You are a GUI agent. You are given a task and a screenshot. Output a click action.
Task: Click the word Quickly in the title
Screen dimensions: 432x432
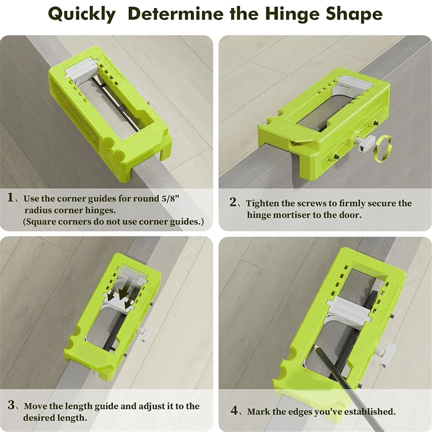(x=82, y=14)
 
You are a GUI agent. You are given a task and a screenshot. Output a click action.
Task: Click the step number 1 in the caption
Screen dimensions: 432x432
(x=11, y=198)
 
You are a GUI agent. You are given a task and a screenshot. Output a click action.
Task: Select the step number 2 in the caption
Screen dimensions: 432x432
(x=233, y=203)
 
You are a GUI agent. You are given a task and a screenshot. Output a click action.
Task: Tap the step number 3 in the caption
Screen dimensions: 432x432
(x=11, y=406)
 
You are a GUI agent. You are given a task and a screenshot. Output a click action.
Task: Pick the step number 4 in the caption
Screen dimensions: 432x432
(x=234, y=411)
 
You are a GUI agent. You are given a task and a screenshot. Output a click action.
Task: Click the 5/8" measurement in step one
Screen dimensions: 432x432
(x=170, y=198)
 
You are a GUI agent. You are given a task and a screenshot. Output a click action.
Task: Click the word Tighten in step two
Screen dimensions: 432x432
(x=262, y=203)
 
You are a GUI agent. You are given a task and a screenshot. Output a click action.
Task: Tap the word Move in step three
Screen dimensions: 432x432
(x=36, y=406)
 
